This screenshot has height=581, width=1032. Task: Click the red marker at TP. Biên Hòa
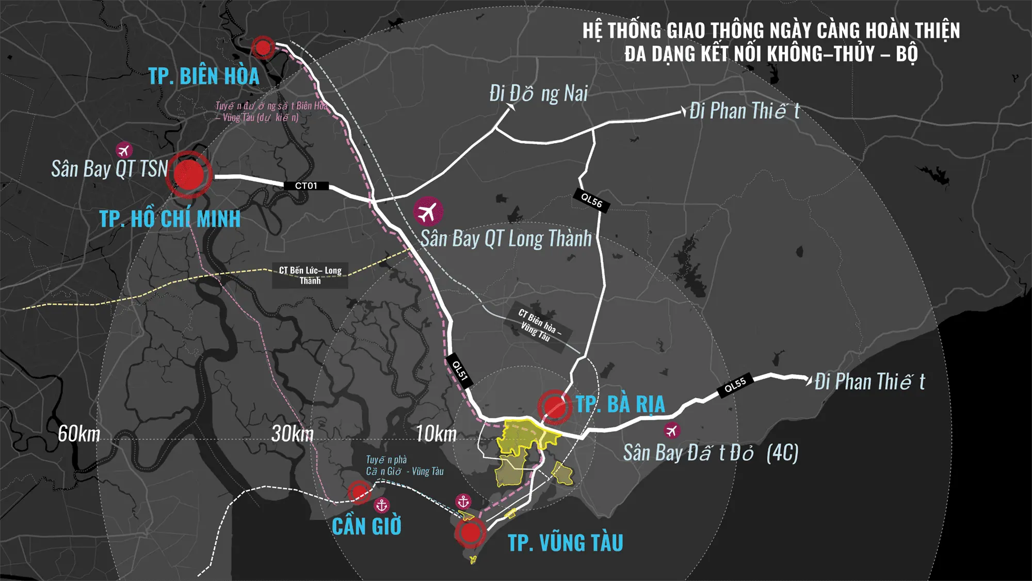tap(263, 48)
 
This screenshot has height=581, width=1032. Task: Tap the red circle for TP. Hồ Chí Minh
tap(189, 175)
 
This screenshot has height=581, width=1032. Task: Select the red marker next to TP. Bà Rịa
tap(554, 406)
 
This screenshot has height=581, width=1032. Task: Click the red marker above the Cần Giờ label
tap(359, 492)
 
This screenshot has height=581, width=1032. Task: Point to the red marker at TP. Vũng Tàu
tap(470, 532)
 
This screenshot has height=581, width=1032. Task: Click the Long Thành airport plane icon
tap(428, 212)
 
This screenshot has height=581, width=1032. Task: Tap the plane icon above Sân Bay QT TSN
tap(123, 150)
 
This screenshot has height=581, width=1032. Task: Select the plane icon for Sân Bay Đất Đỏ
tap(671, 430)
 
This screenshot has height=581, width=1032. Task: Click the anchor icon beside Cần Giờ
tap(382, 505)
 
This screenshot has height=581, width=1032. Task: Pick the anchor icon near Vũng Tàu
tap(463, 501)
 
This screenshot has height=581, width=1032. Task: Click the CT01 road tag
tap(306, 186)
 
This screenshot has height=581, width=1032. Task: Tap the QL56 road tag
tap(591, 200)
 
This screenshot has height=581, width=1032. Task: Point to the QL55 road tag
tap(735, 385)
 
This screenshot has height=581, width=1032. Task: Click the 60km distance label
tap(79, 434)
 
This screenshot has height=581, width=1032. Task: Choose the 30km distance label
tap(293, 434)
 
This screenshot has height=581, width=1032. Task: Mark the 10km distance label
tap(437, 434)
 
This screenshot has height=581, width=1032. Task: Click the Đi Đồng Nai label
tap(538, 94)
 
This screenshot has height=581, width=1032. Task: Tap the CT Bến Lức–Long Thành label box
tap(310, 276)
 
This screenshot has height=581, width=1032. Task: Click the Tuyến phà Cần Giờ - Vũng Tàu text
tap(404, 465)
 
